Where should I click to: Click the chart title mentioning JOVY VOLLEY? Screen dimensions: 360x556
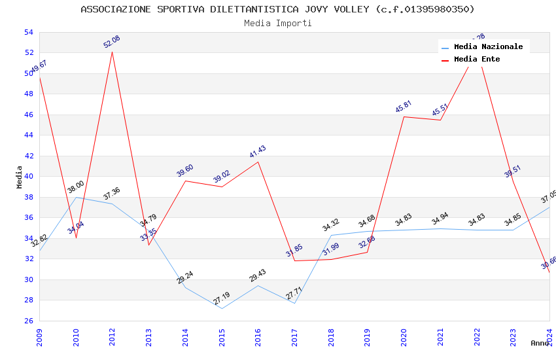(277, 9)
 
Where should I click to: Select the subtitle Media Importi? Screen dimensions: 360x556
(277, 23)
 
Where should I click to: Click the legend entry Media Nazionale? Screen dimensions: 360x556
(488, 46)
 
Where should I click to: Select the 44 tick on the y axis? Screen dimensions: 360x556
(29, 135)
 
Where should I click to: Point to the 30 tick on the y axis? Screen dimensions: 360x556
(29, 279)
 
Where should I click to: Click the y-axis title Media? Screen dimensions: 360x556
(19, 177)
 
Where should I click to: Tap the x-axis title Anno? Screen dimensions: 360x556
(540, 343)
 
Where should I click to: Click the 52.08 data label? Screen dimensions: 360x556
(112, 42)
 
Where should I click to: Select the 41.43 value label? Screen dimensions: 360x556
(258, 152)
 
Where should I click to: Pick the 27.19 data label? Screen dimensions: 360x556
(222, 298)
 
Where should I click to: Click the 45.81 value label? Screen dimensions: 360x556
(404, 107)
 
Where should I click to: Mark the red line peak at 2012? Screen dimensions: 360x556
(113, 52)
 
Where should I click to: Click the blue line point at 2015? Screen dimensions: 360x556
(222, 308)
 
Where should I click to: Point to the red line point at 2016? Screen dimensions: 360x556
(258, 162)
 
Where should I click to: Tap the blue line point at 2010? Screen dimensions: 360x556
(76, 197)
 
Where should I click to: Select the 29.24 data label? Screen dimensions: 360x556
(185, 278)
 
